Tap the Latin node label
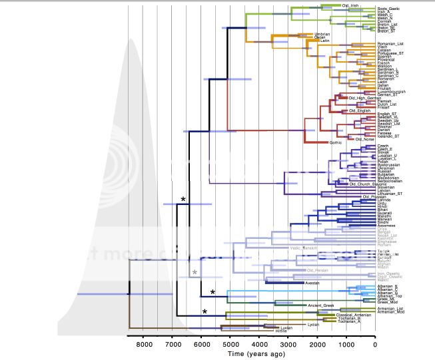[326, 41]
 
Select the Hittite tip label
[285, 330]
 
